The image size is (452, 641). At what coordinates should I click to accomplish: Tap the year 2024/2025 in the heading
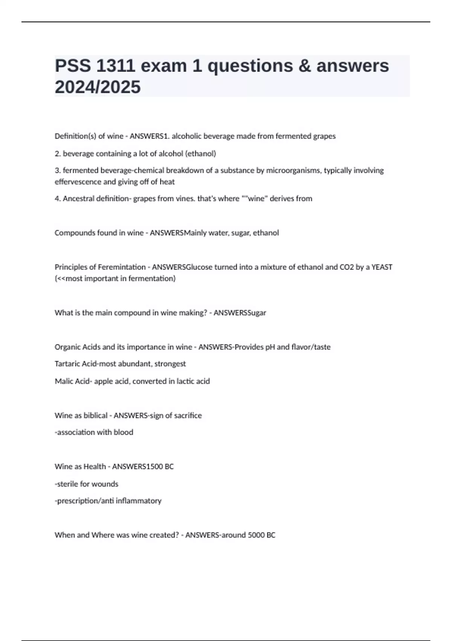[98, 87]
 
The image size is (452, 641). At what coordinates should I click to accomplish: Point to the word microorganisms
[294, 170]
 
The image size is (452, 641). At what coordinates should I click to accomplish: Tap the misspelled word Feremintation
[122, 267]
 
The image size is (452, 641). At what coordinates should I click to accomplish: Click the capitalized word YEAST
[382, 267]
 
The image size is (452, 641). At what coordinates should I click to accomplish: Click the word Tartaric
[67, 364]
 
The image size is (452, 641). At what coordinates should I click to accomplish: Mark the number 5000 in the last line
[256, 535]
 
